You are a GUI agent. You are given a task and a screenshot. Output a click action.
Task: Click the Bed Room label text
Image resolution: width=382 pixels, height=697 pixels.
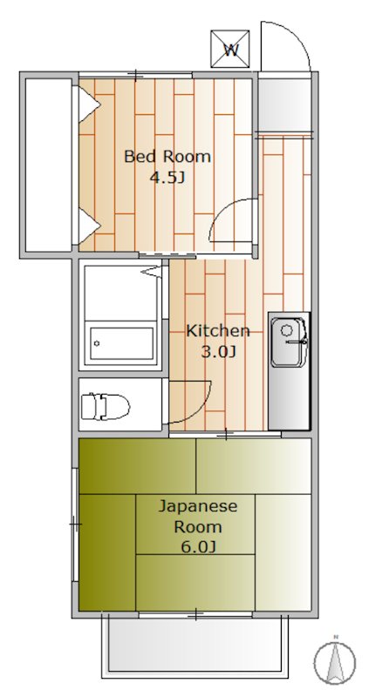[167, 157]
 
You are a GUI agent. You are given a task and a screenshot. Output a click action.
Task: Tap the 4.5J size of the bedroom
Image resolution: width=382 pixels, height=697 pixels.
[167, 179]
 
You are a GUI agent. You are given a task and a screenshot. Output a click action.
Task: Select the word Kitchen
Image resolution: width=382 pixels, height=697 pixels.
[218, 331]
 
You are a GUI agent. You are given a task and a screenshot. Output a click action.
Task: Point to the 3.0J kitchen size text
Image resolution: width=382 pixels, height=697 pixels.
[218, 352]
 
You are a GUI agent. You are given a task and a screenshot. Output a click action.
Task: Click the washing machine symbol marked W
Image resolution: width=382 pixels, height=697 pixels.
[231, 50]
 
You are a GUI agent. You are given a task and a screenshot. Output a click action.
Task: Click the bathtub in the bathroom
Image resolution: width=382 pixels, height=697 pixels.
[122, 342]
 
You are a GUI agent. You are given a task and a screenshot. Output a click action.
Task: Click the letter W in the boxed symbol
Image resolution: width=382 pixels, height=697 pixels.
[231, 50]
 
